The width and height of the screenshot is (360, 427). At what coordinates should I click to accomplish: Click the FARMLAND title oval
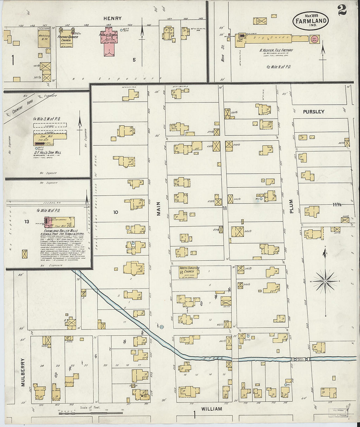[x=311, y=20]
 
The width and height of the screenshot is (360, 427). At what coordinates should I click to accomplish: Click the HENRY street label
[x=113, y=19]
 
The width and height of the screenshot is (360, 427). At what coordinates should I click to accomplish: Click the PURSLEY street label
[x=314, y=112]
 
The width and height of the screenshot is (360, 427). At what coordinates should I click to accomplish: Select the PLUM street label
[x=291, y=206]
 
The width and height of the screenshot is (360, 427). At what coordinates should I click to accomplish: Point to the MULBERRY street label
[x=23, y=372]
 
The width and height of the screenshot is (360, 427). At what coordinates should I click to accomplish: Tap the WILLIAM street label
[x=211, y=409]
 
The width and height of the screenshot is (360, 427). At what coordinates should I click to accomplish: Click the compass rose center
[x=325, y=281]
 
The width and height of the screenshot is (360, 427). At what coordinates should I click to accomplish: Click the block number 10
[x=116, y=212]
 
